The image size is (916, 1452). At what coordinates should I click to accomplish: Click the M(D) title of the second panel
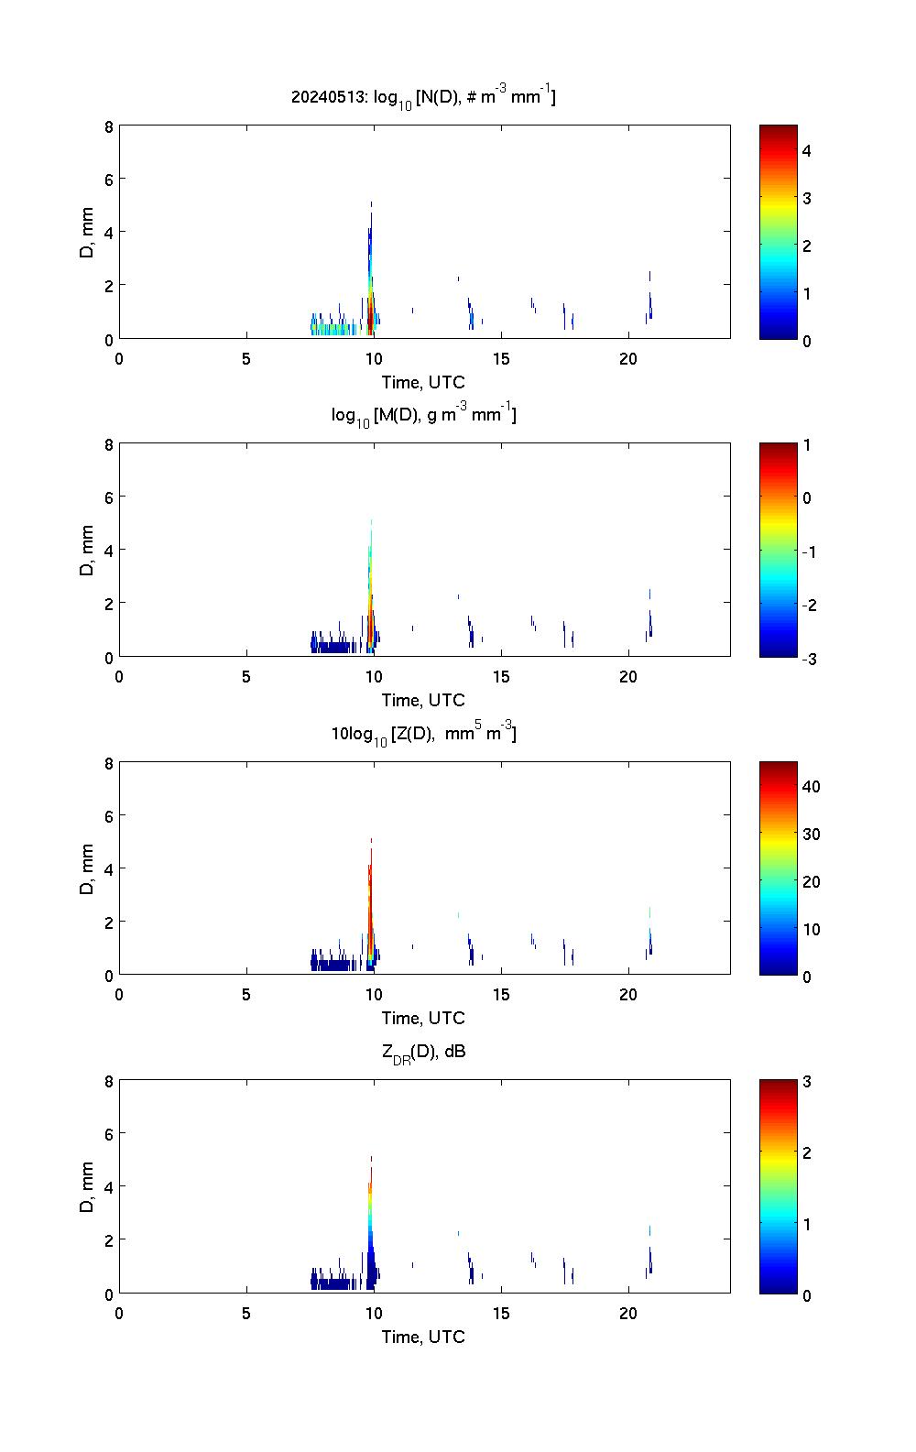pyautogui.click(x=423, y=415)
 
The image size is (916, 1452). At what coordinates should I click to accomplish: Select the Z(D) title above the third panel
pyautogui.click(x=423, y=734)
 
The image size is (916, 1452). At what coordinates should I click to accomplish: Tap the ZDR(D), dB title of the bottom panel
pyautogui.click(x=423, y=1052)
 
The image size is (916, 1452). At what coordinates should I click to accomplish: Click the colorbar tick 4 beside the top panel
pyautogui.click(x=807, y=150)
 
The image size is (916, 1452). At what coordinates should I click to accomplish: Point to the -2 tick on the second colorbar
pyautogui.click(x=807, y=605)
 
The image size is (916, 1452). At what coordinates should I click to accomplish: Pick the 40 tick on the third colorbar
pyautogui.click(x=811, y=787)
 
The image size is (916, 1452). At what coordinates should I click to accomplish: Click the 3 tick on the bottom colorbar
pyautogui.click(x=807, y=1082)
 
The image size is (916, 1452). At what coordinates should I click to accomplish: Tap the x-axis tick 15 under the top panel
pyautogui.click(x=500, y=359)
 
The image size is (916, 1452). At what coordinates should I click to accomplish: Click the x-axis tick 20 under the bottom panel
pyautogui.click(x=627, y=1313)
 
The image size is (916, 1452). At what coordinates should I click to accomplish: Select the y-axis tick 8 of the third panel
pyautogui.click(x=108, y=763)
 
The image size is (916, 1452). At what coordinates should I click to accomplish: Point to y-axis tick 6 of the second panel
pyautogui.click(x=108, y=497)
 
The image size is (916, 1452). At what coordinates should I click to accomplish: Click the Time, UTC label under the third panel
pyautogui.click(x=423, y=1018)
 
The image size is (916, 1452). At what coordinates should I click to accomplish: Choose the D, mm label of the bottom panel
pyautogui.click(x=87, y=1187)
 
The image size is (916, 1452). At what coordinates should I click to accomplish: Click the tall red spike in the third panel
pyautogui.click(x=370, y=889)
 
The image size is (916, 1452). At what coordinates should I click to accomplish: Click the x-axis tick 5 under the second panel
pyautogui.click(x=246, y=677)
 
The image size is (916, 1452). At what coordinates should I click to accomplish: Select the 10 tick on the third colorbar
pyautogui.click(x=811, y=929)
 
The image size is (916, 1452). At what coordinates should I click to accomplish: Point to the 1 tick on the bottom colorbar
pyautogui.click(x=807, y=1224)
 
